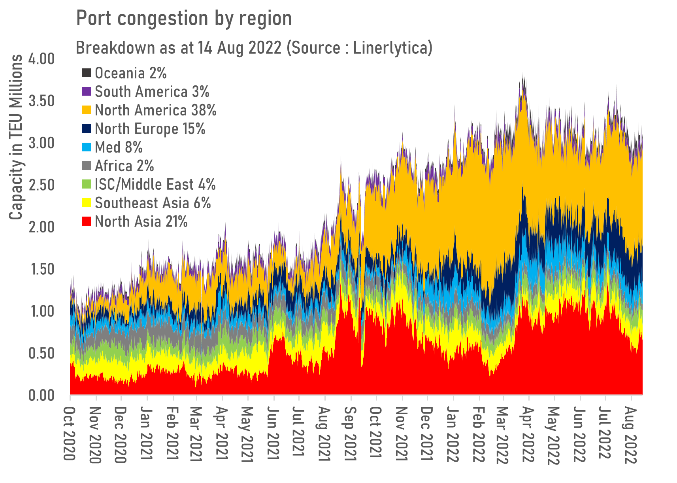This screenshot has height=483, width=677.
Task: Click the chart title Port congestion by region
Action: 184,19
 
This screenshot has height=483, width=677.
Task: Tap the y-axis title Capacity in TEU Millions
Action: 16,137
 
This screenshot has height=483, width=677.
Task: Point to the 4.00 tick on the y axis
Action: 41,59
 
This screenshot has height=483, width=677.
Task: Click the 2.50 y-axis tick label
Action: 41,185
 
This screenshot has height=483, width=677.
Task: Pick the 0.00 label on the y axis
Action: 41,395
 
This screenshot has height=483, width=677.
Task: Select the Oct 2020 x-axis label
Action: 70,433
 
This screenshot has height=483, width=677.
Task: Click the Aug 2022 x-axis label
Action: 630,435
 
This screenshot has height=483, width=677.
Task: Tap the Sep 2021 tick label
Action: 350,434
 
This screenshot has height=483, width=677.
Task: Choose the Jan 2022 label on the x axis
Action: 452,434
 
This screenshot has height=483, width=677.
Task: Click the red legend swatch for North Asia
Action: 87,221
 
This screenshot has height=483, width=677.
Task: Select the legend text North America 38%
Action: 155,110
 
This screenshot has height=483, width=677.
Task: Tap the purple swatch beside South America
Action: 87,92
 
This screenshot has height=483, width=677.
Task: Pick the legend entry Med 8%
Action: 119,147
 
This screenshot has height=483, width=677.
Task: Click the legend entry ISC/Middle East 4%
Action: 155,185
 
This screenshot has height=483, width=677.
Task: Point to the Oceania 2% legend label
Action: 130,73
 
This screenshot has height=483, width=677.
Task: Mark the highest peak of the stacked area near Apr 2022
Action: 523,74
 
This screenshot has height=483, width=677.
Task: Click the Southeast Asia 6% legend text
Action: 153,203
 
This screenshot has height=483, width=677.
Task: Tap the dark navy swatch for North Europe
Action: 87,129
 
